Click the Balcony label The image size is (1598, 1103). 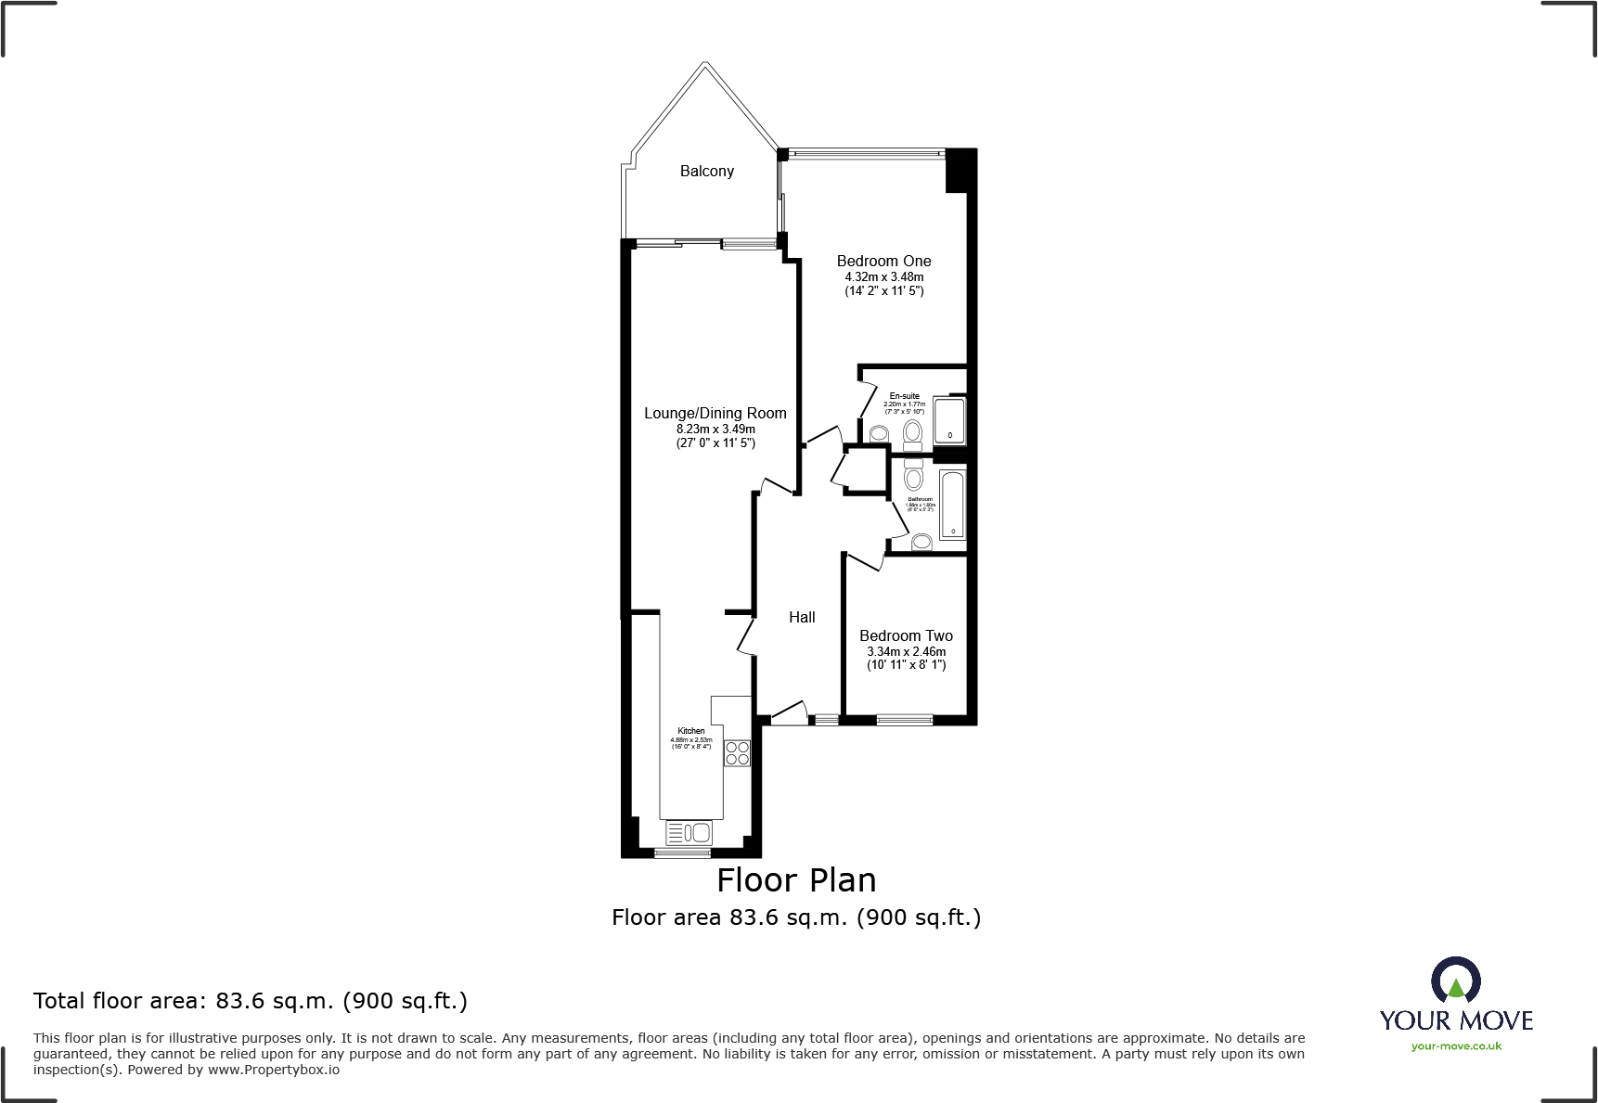[706, 171]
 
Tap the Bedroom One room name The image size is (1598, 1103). [883, 261]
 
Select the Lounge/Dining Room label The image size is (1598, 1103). [715, 413]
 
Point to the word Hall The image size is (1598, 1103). [802, 617]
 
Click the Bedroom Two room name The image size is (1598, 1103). [906, 635]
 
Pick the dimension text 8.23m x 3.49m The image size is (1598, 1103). [715, 429]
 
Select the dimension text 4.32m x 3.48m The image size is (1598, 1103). [883, 276]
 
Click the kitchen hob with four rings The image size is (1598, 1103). [737, 752]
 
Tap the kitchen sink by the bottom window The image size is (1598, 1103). [689, 832]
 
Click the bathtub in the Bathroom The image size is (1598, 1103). [953, 506]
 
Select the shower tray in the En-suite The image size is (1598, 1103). [949, 421]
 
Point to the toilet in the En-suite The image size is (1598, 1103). [912, 433]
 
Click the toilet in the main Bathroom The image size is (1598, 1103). [913, 477]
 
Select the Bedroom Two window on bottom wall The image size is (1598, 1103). [905, 719]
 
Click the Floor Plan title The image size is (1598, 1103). [796, 879]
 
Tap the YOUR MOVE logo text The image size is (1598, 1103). [1456, 1020]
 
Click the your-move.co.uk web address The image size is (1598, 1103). [1456, 1046]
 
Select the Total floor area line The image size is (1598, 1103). [251, 1000]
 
